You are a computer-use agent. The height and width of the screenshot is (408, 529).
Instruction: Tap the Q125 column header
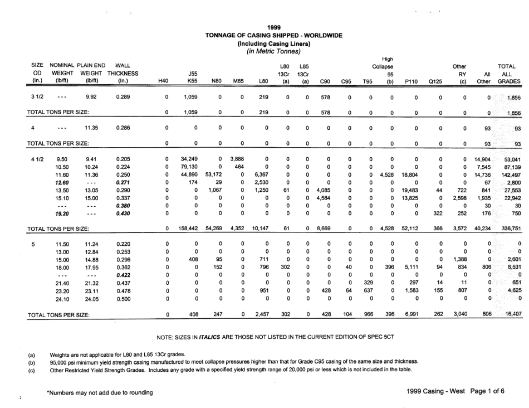[x=435, y=81]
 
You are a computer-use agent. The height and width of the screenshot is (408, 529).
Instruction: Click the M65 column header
[x=238, y=81]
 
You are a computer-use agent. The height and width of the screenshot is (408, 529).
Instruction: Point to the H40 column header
[x=163, y=81]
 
